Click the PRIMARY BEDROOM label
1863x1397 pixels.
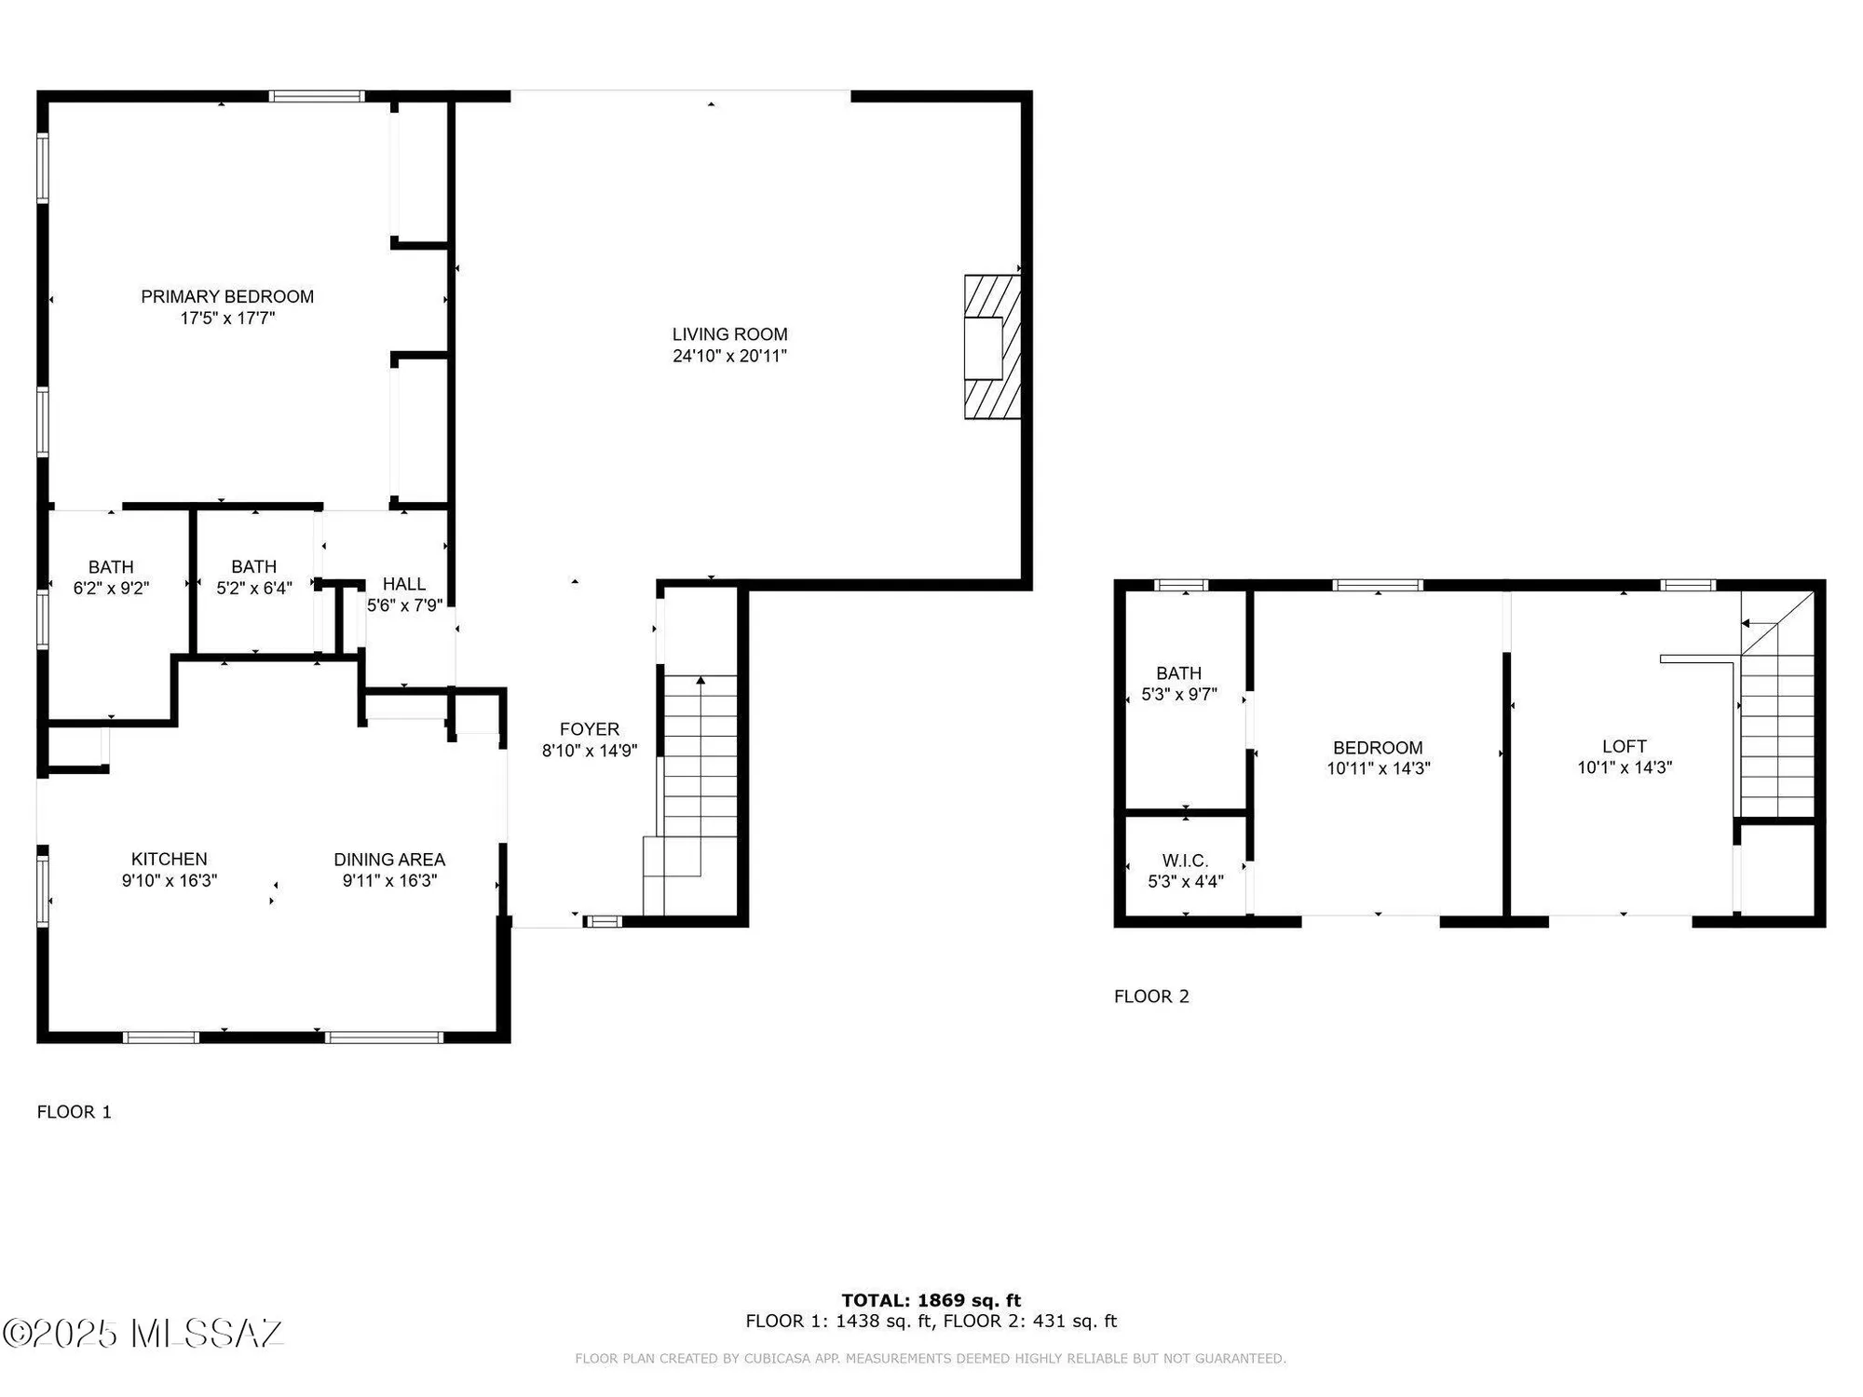coord(227,297)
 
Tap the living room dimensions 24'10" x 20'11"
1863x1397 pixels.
coord(729,356)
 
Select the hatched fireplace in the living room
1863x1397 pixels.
coord(992,346)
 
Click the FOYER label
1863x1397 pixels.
coord(589,729)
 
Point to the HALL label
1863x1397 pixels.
coord(404,584)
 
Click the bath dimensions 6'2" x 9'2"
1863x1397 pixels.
coord(111,589)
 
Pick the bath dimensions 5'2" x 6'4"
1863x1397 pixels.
coord(254,589)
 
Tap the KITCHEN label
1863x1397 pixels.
coord(169,859)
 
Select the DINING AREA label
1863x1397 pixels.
coord(389,859)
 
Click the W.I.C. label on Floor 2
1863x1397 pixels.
coord(1185,861)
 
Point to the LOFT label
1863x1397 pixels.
coord(1624,746)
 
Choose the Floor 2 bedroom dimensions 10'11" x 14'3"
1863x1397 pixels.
coord(1378,769)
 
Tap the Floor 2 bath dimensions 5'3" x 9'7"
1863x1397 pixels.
coord(1179,695)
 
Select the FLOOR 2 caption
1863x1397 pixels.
coord(1151,997)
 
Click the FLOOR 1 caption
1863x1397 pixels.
coord(74,1112)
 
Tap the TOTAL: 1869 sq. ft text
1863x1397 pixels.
coord(931,1300)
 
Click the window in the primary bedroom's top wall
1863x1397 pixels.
coord(317,96)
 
